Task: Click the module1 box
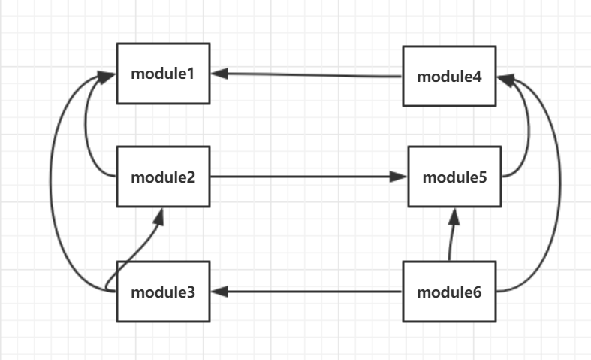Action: (163, 74)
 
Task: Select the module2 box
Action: (163, 177)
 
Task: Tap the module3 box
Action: (163, 292)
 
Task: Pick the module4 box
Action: (449, 76)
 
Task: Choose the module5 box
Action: (454, 177)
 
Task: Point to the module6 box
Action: (449, 292)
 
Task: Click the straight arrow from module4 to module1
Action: (308, 75)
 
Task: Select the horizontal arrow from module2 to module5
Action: (300, 177)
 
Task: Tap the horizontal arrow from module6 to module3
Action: (308, 292)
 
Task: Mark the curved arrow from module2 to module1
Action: (88, 128)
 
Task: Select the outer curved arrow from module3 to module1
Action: (51, 180)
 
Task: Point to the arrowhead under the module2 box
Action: (160, 216)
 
